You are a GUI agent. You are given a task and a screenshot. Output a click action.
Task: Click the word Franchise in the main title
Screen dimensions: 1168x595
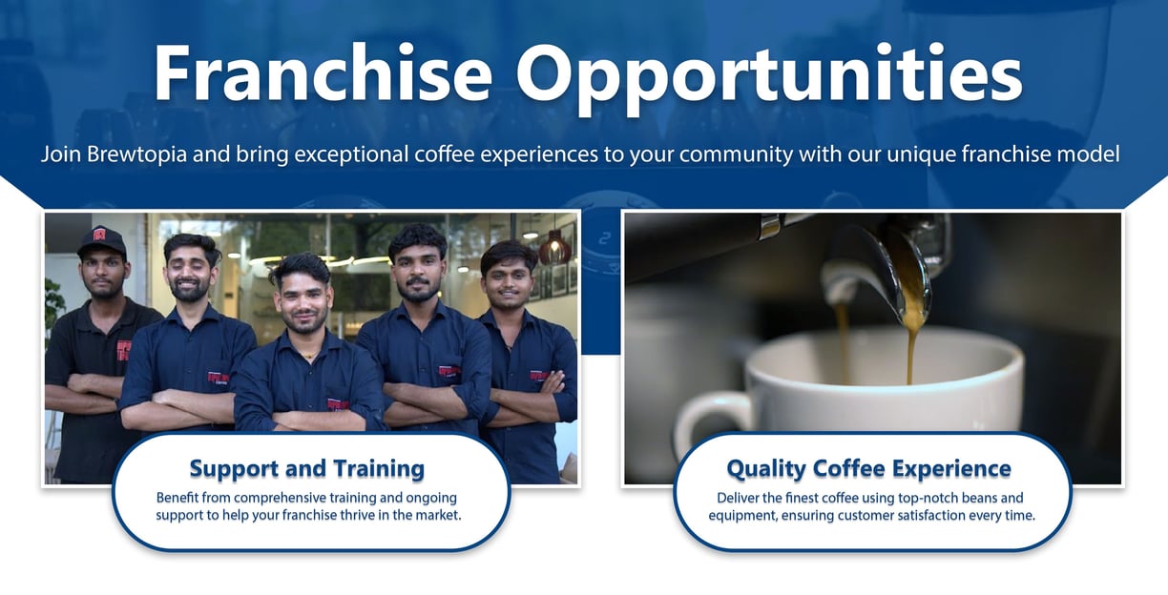[x=323, y=72]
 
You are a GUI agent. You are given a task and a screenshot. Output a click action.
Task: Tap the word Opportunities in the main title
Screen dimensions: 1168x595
[x=770, y=78]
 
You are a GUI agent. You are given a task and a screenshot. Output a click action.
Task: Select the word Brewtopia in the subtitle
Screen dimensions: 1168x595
[x=136, y=154]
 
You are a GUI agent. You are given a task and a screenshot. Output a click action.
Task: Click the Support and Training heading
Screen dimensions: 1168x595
[x=306, y=468]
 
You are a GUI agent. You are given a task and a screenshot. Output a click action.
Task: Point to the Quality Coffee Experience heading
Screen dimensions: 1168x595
[x=868, y=468]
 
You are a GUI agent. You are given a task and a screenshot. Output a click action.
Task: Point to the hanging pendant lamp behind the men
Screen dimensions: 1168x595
[x=554, y=249]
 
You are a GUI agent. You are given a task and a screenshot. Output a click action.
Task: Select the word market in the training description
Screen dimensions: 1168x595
[x=439, y=515]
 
